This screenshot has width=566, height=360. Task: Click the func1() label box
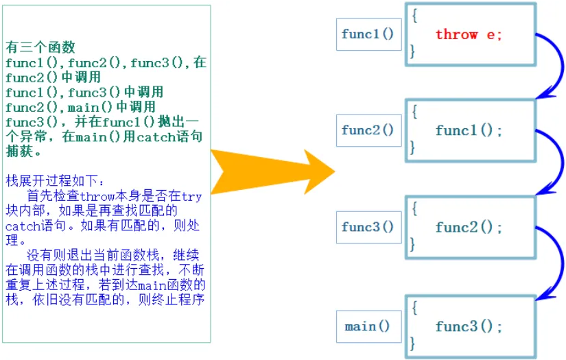click(368, 34)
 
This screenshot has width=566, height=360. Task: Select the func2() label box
click(368, 130)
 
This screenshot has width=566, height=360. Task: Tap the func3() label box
click(368, 226)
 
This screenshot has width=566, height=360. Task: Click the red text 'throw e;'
click(469, 34)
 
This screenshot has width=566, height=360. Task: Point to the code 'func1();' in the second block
click(469, 130)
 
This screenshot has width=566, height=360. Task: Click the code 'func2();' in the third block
click(469, 227)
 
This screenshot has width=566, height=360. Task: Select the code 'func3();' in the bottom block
click(469, 326)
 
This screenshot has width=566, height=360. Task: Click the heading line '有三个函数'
click(40, 48)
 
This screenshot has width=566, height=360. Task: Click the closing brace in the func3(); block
click(414, 341)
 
